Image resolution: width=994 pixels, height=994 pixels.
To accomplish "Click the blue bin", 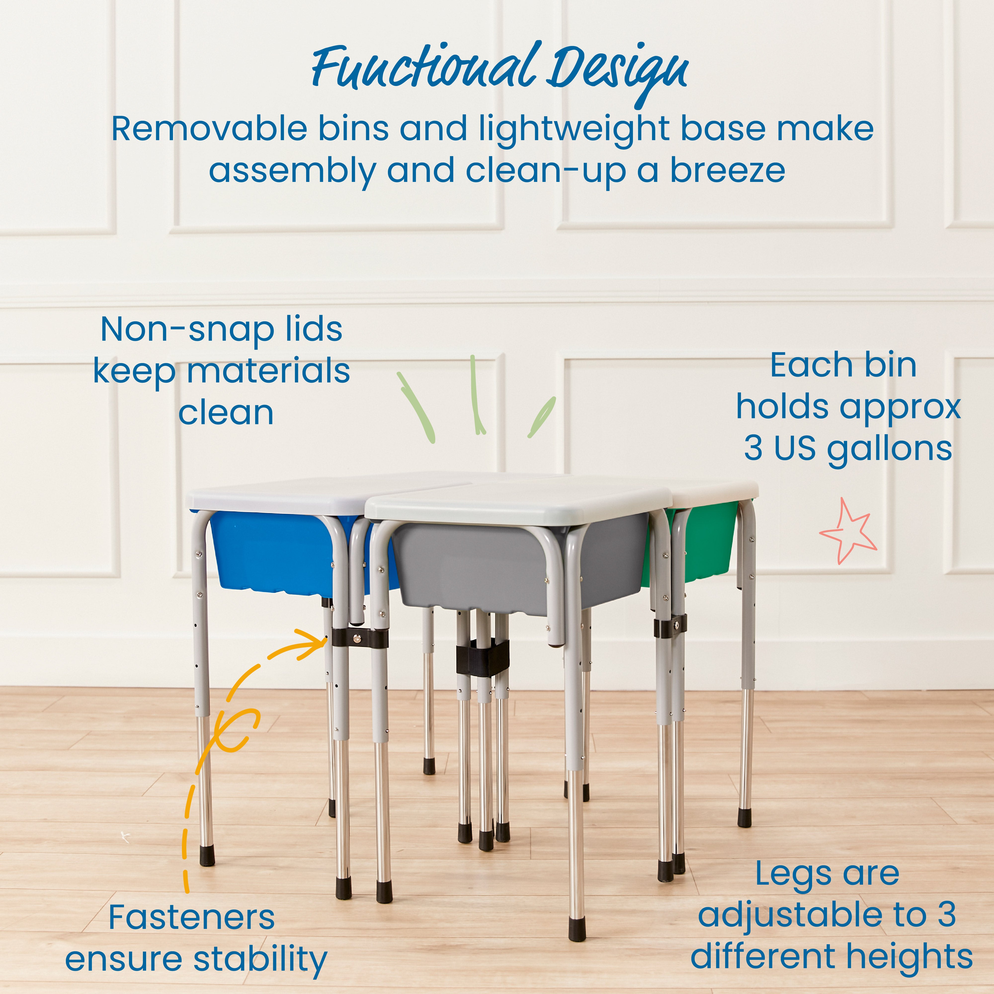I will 273,550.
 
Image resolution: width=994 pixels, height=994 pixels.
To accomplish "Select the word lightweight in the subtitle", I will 574,130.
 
